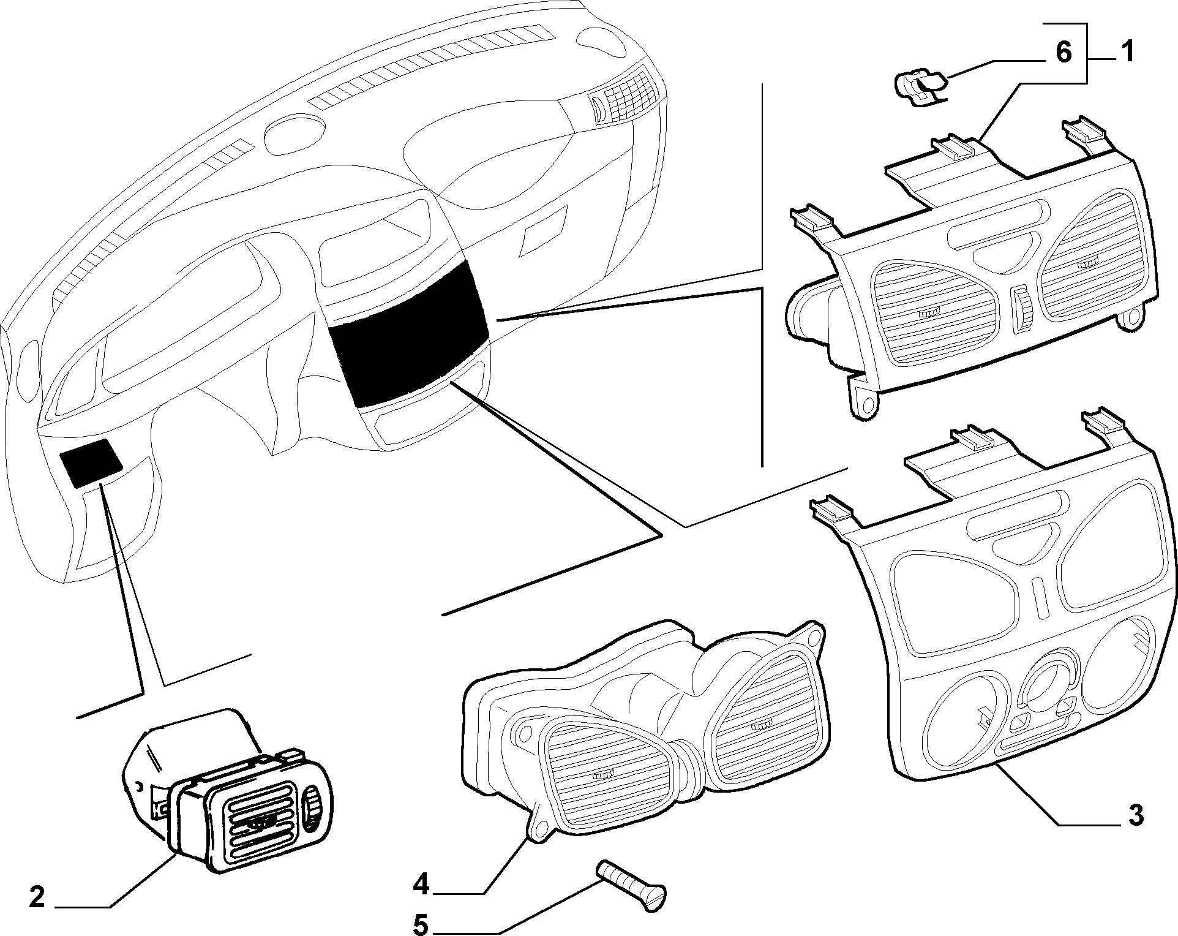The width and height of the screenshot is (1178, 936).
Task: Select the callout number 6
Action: click(x=1064, y=53)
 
